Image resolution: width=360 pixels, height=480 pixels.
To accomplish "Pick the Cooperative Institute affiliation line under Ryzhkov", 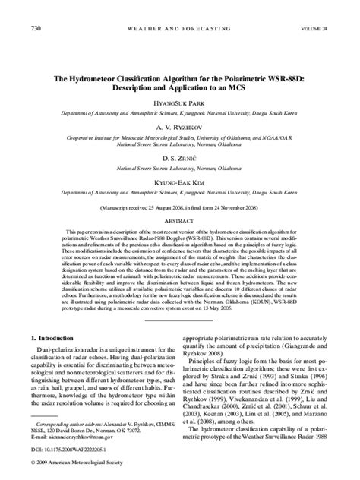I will (x=179, y=139).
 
